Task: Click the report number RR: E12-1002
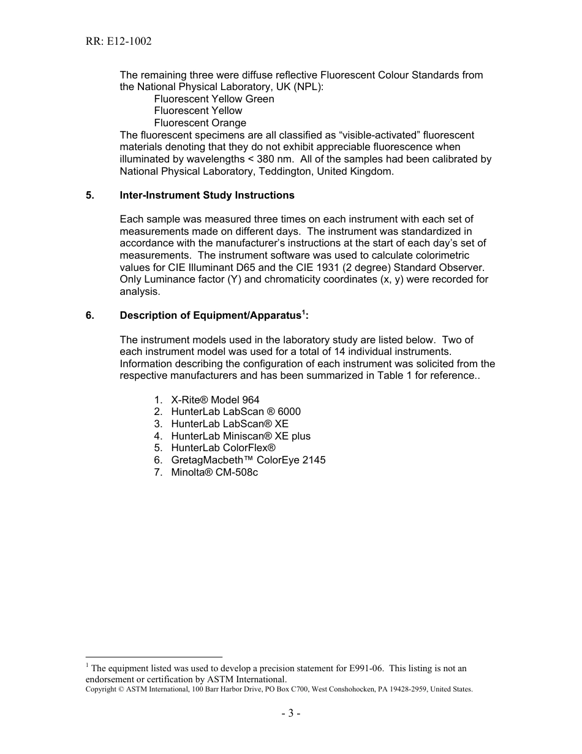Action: point(119,42)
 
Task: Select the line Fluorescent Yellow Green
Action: point(214,99)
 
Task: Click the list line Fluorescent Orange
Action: point(200,123)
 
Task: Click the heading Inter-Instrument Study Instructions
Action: point(207,195)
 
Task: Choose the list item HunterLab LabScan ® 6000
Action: point(235,412)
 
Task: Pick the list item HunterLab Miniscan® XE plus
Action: point(240,436)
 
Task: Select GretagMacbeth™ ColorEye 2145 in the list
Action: point(248,460)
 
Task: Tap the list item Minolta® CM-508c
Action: point(214,472)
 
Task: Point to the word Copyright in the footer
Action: point(100,689)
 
